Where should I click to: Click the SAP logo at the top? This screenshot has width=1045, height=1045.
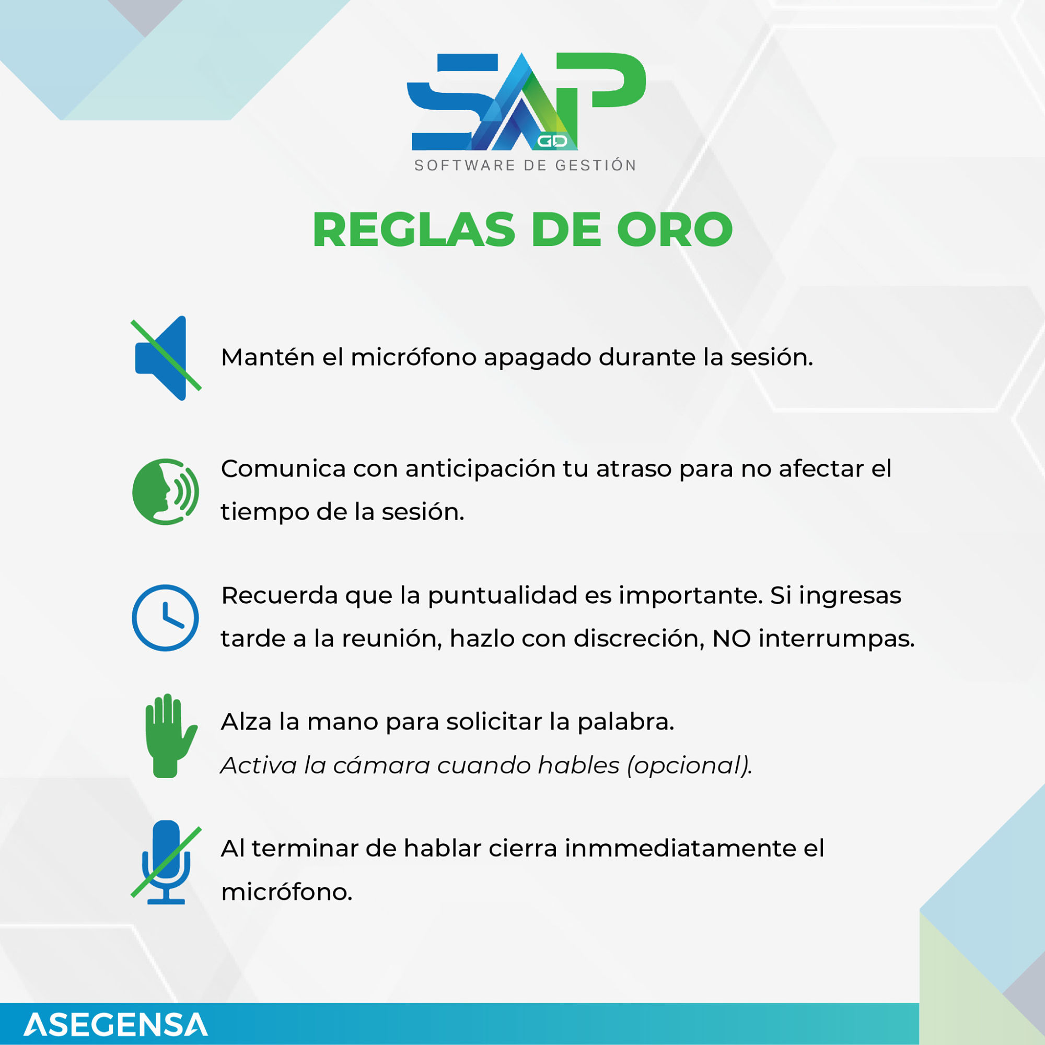(526, 101)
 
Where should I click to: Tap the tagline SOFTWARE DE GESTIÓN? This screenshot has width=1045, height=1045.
(526, 166)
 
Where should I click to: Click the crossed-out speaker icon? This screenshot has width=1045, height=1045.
(166, 358)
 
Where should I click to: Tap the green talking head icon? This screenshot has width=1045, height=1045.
(166, 491)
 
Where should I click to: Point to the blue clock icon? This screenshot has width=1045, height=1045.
(166, 618)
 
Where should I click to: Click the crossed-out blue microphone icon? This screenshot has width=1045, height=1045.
(166, 862)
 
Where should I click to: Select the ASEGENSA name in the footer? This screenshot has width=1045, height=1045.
(116, 1025)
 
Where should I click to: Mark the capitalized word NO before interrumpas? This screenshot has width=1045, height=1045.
(731, 639)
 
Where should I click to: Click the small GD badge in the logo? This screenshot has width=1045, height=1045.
(552, 141)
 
